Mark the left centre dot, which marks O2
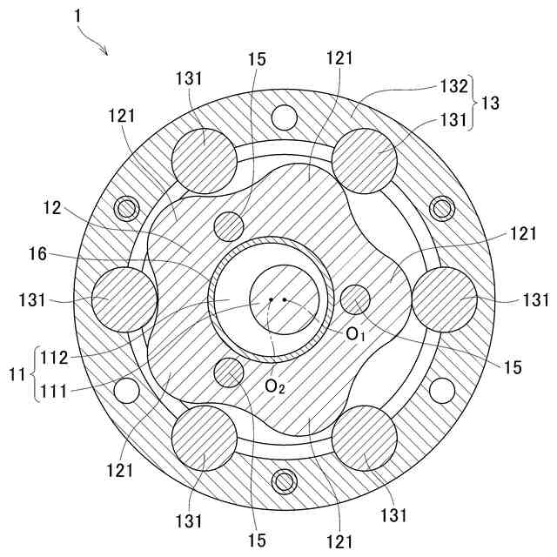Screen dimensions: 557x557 271,300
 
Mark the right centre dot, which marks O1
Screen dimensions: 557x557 285,300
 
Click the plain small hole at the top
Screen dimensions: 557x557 283,116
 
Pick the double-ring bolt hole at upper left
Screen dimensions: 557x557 127,209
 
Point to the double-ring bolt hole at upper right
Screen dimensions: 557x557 440,209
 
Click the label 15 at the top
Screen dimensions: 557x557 256,62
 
